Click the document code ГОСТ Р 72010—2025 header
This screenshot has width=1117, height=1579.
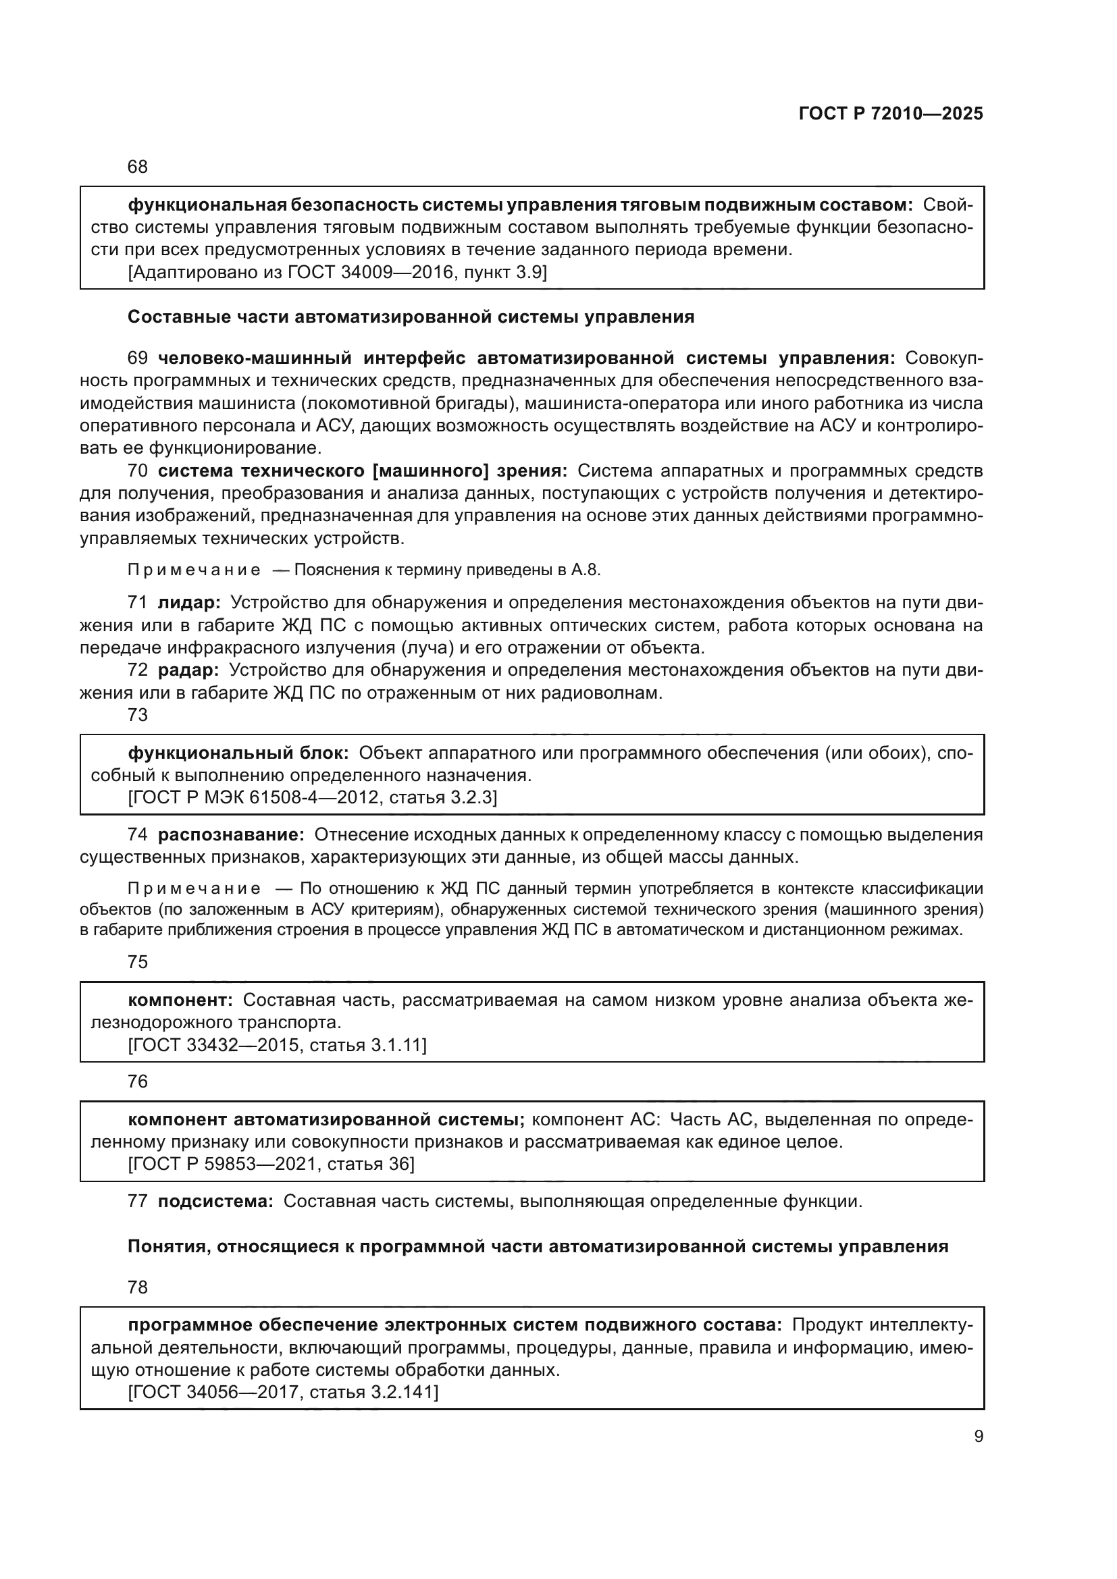tap(891, 114)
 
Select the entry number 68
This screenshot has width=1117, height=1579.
tap(138, 167)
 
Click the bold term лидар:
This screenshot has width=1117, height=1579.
tap(189, 603)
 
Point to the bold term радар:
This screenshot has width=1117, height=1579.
tap(188, 670)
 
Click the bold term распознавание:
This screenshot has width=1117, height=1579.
tap(231, 835)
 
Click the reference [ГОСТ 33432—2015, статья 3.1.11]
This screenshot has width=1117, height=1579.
tap(277, 1045)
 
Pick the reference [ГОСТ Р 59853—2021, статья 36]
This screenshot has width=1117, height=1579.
tap(271, 1165)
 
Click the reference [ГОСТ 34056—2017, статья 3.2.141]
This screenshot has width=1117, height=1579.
tap(283, 1392)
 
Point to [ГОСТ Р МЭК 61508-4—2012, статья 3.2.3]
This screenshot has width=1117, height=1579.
tap(312, 798)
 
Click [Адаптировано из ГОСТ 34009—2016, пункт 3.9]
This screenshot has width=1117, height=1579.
tap(337, 272)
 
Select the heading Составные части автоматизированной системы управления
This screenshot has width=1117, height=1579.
tap(411, 317)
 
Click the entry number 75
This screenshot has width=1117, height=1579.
tap(138, 962)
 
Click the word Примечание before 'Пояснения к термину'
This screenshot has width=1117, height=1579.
tap(194, 570)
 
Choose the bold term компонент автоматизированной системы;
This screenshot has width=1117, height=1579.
tap(326, 1119)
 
